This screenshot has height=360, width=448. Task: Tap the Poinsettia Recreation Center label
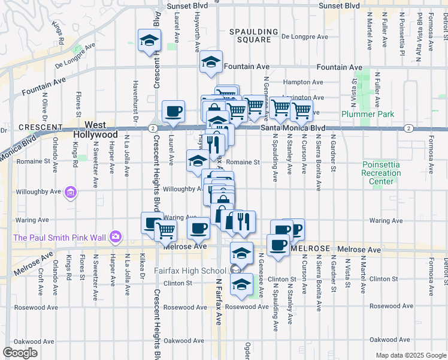pyautogui.click(x=382, y=173)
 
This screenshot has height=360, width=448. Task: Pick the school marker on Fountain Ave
pyautogui.click(x=211, y=62)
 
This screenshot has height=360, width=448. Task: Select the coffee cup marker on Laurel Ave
pyautogui.click(x=173, y=111)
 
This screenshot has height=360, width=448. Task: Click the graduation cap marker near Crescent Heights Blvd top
pyautogui.click(x=149, y=40)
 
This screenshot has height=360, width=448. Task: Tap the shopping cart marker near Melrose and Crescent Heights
pyautogui.click(x=165, y=229)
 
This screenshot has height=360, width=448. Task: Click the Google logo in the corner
pyautogui.click(x=20, y=352)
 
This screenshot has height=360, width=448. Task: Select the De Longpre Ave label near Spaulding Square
pyautogui.click(x=305, y=37)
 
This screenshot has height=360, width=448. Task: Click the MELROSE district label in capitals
pyautogui.click(x=310, y=248)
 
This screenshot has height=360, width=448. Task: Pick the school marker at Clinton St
pyautogui.click(x=241, y=284)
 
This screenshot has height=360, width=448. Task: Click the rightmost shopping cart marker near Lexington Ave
pyautogui.click(x=301, y=110)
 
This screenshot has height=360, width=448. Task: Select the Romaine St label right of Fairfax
pyautogui.click(x=243, y=162)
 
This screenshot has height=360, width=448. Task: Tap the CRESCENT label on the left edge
pyautogui.click(x=40, y=127)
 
